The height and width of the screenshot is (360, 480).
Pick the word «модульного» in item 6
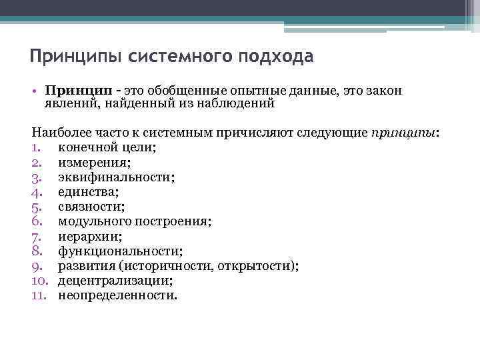pos(90,221)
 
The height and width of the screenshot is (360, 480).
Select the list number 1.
pos(36,147)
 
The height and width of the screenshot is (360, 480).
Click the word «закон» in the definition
pos(384,90)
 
